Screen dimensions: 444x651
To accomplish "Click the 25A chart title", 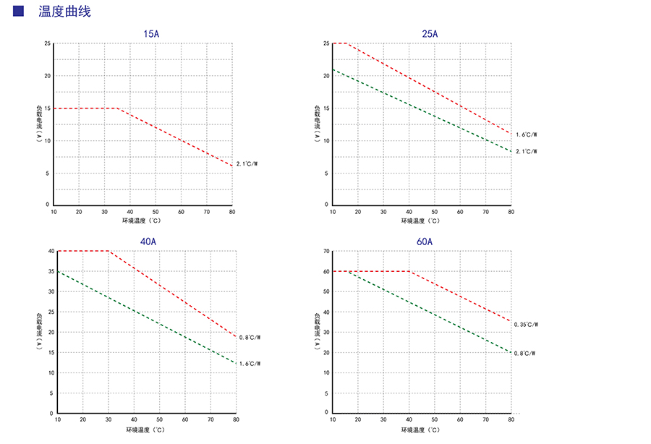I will [430, 34].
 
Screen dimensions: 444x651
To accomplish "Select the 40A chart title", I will [148, 242].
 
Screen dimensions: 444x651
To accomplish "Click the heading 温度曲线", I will [64, 12].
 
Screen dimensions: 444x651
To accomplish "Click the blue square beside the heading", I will [19, 11].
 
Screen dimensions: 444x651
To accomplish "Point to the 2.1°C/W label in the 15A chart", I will [247, 164].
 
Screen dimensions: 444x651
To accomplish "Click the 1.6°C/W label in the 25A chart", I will [527, 135].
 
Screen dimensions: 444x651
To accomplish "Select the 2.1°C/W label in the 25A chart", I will [527, 151].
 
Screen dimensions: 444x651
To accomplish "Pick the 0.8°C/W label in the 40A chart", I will [250, 337].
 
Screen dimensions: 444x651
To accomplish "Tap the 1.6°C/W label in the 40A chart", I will [250, 363].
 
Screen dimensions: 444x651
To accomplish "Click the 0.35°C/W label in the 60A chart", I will [527, 325].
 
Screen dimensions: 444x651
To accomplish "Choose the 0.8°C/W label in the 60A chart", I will [525, 354].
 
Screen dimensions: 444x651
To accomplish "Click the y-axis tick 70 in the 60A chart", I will [326, 251].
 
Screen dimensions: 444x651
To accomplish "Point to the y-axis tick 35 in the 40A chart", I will [51, 271].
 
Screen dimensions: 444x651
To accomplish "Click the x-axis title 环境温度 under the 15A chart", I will [145, 221].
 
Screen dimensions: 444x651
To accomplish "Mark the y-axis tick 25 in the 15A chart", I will [47, 43].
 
